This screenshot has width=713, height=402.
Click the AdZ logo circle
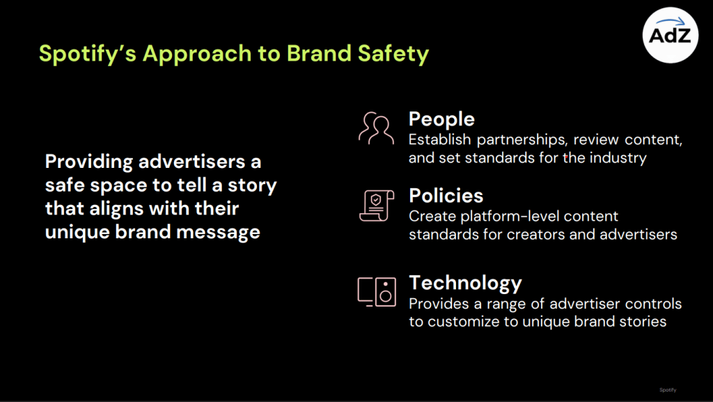point(671,35)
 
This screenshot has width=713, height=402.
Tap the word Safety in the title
point(393,54)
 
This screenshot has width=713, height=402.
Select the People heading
point(441,119)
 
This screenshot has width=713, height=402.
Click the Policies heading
point(446,196)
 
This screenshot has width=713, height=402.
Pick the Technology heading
point(465,283)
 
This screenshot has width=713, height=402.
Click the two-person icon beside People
point(376,128)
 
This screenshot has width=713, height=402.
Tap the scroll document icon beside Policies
point(377,206)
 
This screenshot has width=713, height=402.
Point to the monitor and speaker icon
point(377,291)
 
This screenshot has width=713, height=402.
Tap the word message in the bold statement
point(218,232)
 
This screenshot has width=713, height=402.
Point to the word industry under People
point(618,157)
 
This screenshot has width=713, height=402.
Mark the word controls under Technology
point(653,303)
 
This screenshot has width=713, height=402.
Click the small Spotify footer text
point(668,389)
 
